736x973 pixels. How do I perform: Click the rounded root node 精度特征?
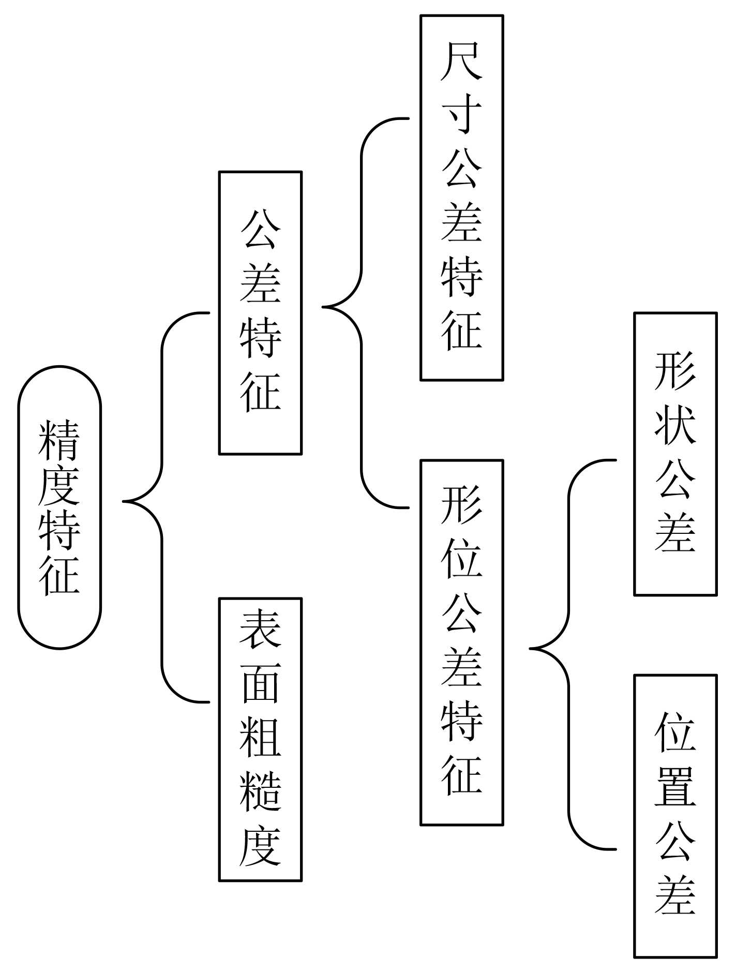[x=59, y=507]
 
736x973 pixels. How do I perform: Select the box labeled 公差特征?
[x=260, y=313]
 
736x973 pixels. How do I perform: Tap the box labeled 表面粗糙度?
[x=260, y=739]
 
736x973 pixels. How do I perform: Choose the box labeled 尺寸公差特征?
[x=461, y=198]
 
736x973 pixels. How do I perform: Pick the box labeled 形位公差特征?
[x=461, y=642]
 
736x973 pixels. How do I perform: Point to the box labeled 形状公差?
[x=675, y=454]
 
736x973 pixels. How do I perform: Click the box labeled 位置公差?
[x=675, y=816]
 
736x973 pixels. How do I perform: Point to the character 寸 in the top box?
[x=461, y=115]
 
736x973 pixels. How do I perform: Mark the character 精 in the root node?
[x=59, y=440]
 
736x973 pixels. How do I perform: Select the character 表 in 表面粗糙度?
[x=260, y=628]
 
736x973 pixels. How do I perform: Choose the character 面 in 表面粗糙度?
[x=260, y=683]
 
